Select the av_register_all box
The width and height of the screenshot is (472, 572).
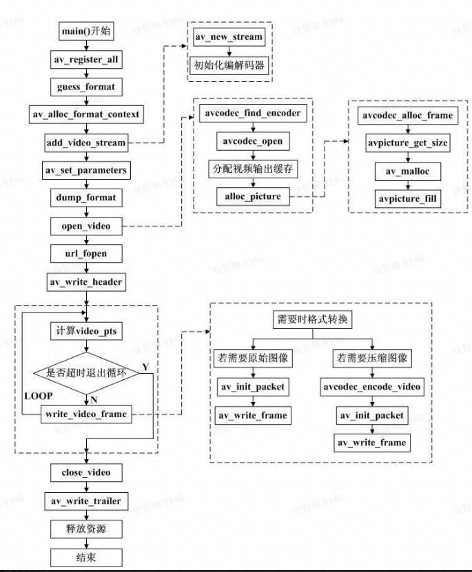click(x=86, y=60)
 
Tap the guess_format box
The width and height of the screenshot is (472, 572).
click(x=86, y=87)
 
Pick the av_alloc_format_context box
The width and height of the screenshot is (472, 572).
click(x=86, y=114)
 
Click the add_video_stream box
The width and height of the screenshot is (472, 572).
click(x=86, y=142)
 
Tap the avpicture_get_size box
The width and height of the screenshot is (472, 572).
click(x=408, y=143)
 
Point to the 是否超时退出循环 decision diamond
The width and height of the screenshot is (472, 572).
click(x=86, y=373)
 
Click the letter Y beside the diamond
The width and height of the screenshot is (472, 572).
click(x=145, y=365)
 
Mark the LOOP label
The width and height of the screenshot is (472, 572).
click(x=38, y=397)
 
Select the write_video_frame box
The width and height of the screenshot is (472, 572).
click(x=86, y=414)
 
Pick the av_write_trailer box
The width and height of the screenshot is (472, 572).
click(x=86, y=501)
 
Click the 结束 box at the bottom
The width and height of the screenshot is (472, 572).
click(x=86, y=557)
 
